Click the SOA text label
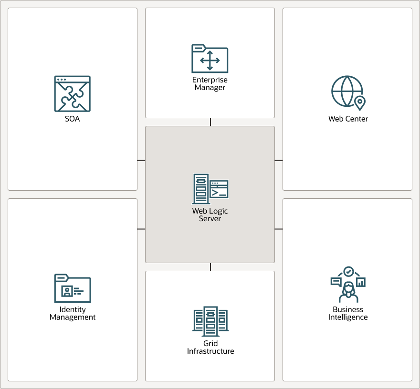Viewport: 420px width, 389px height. (73, 119)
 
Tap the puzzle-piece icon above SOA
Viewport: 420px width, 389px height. (73, 93)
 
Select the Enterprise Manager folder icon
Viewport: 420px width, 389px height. (210, 59)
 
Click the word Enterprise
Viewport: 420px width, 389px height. (210, 80)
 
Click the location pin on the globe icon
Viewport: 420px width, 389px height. (360, 103)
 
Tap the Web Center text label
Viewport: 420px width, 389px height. (348, 119)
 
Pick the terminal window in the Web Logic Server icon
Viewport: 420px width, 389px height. (219, 189)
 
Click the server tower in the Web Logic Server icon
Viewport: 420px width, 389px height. (201, 189)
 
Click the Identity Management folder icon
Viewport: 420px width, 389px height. (73, 288)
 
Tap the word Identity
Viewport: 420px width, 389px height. (73, 309)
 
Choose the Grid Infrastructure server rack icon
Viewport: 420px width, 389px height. (210, 321)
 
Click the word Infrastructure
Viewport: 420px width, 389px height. (210, 351)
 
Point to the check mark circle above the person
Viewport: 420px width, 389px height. (348, 272)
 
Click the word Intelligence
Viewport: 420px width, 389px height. (348, 317)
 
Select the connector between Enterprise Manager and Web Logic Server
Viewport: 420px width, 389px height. (210, 122)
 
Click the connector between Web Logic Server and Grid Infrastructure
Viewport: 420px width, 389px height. (210, 267)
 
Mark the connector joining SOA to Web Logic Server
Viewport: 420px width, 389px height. (141, 161)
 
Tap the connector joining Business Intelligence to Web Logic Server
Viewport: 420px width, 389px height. (279, 229)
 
